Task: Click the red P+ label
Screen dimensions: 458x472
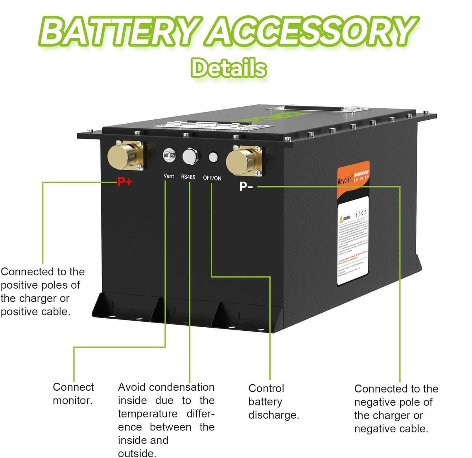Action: coord(125,182)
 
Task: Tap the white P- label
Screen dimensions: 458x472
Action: coord(246,186)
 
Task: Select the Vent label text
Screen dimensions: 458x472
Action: coord(169,176)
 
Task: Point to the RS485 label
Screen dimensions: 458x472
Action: coord(188,177)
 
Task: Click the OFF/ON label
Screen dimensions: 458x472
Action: coord(212,178)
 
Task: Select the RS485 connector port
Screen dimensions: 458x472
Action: coord(189,156)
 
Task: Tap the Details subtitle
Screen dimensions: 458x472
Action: coord(229,67)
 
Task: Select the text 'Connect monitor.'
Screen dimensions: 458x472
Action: coord(73,393)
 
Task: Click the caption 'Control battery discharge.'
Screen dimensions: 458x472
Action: coord(273,401)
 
